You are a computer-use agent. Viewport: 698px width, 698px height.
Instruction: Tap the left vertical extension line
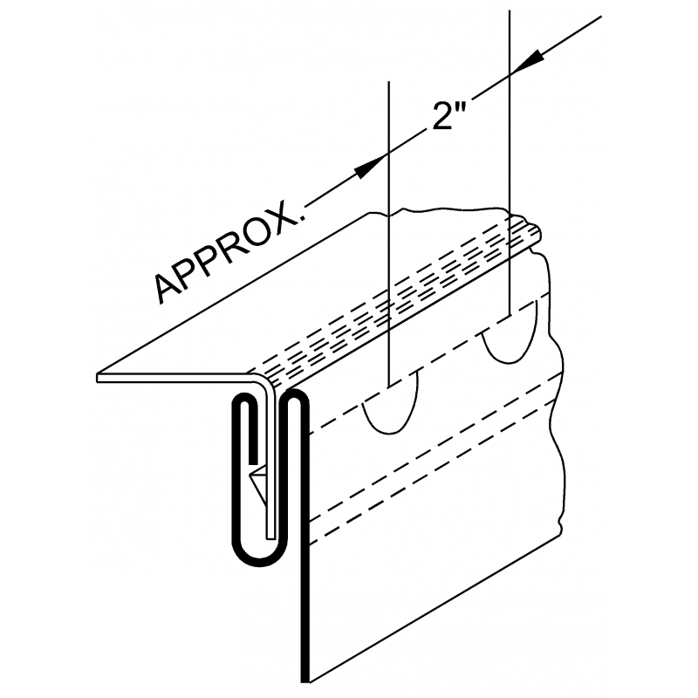coord(388,233)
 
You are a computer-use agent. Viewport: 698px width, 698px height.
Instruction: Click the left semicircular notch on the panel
coord(391,403)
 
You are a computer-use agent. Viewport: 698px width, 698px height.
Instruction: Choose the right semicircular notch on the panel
coord(510,333)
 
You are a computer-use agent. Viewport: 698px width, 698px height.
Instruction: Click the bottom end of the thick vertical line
coord(305,681)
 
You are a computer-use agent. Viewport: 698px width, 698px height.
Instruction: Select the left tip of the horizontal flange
coord(97,378)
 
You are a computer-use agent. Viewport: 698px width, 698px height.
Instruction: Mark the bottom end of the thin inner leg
coord(270,537)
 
